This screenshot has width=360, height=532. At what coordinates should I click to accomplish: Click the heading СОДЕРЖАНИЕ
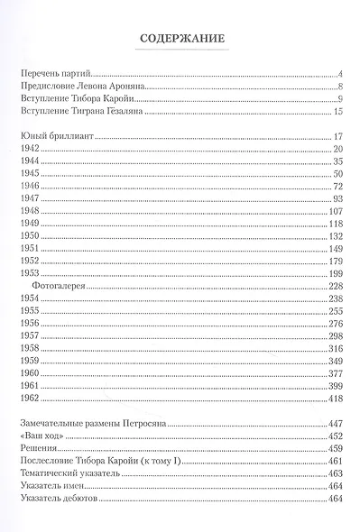point(180,38)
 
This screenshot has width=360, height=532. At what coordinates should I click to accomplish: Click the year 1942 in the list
point(28,147)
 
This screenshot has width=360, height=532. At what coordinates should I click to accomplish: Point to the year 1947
point(28,197)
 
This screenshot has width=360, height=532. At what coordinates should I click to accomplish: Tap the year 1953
point(28,272)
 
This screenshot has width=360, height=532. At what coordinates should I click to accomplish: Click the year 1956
point(28,323)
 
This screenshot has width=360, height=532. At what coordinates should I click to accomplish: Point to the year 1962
point(28,398)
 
